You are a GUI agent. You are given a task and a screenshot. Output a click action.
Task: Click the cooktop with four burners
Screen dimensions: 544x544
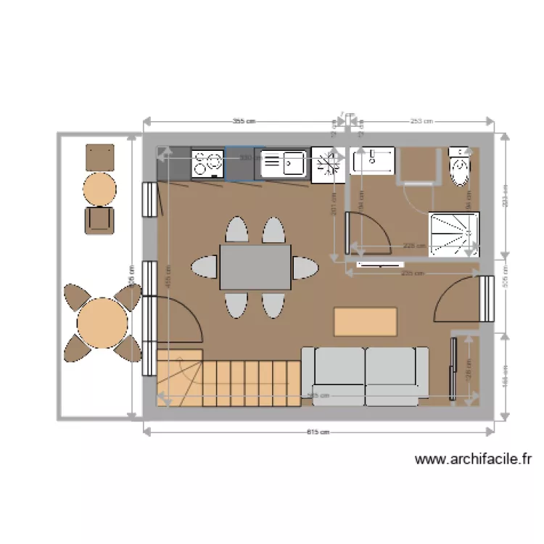[207, 164]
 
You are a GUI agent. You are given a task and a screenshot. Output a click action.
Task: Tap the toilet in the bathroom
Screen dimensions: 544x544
[461, 168]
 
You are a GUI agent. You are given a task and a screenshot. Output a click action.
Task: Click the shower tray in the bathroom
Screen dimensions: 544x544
[453, 234]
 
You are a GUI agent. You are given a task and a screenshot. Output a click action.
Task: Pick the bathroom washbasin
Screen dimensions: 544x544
[373, 160]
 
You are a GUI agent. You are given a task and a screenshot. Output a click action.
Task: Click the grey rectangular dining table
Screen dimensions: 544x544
[255, 267]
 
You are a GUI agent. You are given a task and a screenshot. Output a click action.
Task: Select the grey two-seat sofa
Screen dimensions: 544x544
[365, 376]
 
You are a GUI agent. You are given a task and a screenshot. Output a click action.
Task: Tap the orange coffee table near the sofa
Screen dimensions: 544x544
[366, 321]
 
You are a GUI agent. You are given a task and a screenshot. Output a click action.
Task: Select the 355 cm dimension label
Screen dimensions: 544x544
[244, 121]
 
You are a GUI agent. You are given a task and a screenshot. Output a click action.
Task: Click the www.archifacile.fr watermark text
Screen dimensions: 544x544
[474, 458]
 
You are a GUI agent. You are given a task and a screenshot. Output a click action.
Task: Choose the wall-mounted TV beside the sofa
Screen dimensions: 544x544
[454, 368]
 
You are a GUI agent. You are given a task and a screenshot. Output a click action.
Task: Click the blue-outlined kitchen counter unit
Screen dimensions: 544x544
[239, 164]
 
